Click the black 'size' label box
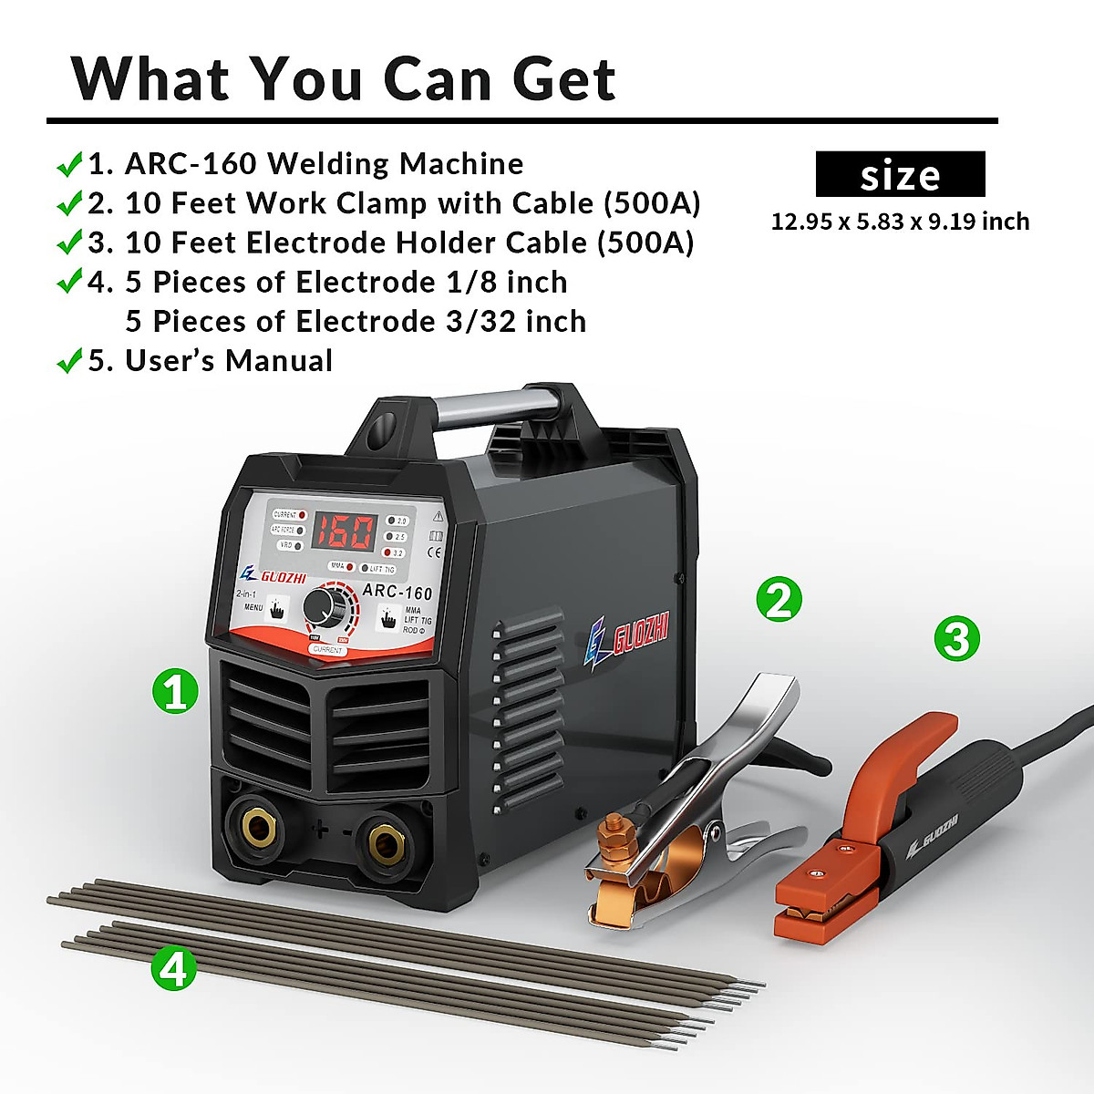coord(900,174)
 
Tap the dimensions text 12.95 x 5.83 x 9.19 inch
coord(900,222)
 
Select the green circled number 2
coord(779,599)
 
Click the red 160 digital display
coord(344,531)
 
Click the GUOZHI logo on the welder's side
coord(628,638)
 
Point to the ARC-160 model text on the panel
coord(397,591)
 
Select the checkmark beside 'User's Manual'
coord(69,362)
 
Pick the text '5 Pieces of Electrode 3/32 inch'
coord(356,322)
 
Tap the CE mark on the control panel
coord(436,552)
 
